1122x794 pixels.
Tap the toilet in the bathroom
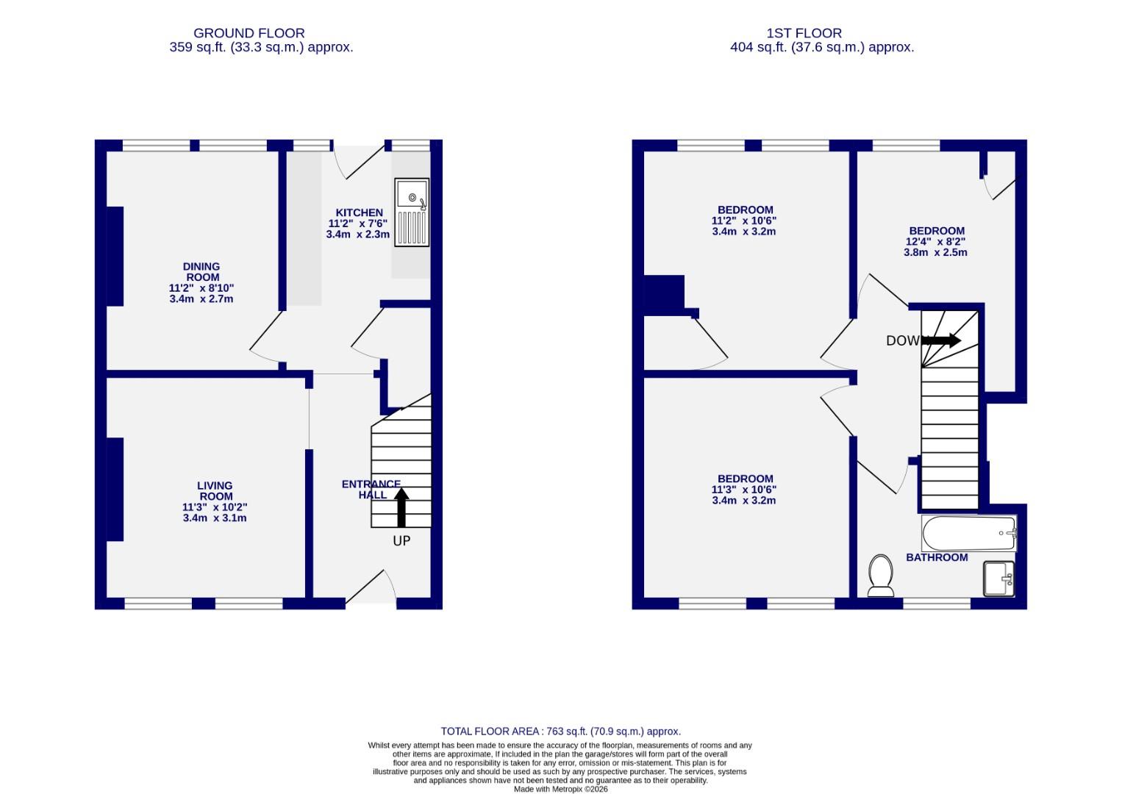click(880, 575)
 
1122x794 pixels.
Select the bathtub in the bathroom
click(968, 533)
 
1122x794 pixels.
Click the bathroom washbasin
click(999, 579)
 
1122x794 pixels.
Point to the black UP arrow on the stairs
click(401, 508)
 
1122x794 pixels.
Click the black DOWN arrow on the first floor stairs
click(942, 340)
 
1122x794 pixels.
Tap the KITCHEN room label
click(359, 212)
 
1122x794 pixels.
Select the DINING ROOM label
click(201, 272)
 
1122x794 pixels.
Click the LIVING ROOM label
click(215, 491)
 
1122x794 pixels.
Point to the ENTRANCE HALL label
click(371, 490)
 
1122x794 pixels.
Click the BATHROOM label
click(936, 557)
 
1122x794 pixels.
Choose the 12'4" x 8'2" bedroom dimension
click(935, 241)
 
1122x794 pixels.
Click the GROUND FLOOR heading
click(249, 33)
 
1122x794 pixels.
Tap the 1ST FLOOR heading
click(804, 33)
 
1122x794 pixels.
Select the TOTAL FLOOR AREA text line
click(560, 732)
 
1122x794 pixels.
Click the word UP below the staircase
click(401, 541)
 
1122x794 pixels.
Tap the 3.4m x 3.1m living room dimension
click(215, 518)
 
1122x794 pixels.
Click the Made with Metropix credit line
click(560, 789)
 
